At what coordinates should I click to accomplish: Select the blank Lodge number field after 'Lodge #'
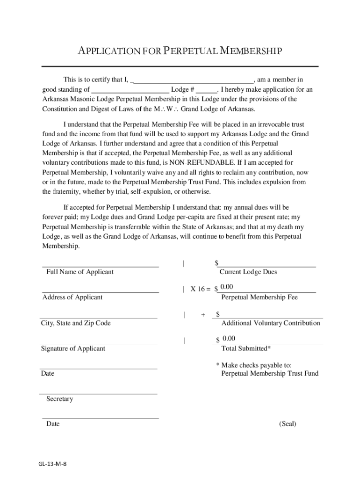[x=207, y=89]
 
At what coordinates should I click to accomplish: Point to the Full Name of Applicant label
[x=80, y=272]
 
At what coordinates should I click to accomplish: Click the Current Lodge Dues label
[x=248, y=272]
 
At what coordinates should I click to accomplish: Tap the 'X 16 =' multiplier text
[x=200, y=289]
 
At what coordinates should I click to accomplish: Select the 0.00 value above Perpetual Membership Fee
[x=227, y=287]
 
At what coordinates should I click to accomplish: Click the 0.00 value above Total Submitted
[x=229, y=338]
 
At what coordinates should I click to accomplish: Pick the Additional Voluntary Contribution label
[x=271, y=323]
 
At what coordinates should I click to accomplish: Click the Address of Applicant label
[x=72, y=297]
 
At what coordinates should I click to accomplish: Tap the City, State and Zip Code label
[x=76, y=323]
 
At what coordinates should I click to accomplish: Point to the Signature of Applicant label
[x=73, y=348]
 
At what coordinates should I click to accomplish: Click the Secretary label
[x=59, y=399]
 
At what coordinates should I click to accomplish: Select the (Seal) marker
[x=288, y=424]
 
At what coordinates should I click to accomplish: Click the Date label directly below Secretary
[x=53, y=424]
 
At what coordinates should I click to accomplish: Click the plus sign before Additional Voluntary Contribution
[x=203, y=315]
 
